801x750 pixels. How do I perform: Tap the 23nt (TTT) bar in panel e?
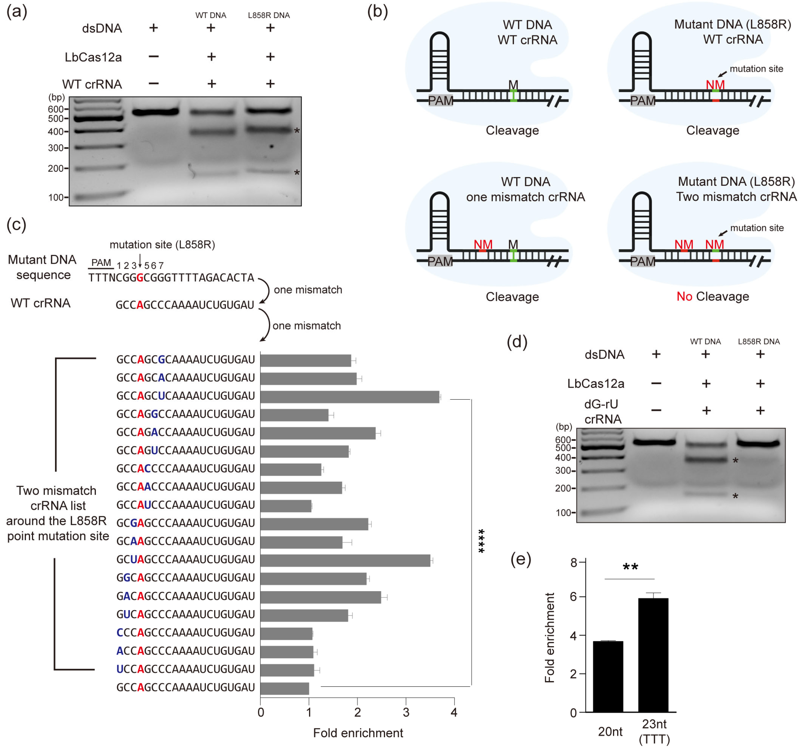pyautogui.click(x=653, y=655)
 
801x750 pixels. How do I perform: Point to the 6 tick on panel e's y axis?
pyautogui.click(x=574, y=597)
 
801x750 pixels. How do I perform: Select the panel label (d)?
pyautogui.click(x=517, y=342)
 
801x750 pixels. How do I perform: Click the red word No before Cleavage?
pyautogui.click(x=684, y=297)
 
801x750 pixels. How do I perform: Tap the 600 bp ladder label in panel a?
pyautogui.click(x=56, y=109)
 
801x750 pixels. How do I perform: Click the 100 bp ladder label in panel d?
pyautogui.click(x=563, y=513)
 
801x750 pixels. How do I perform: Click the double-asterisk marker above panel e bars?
pyautogui.click(x=630, y=567)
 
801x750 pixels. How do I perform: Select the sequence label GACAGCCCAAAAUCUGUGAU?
pyautogui.click(x=185, y=596)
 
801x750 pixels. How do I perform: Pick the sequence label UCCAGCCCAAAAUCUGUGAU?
pyautogui.click(x=185, y=669)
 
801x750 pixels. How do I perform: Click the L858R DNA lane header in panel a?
pyautogui.click(x=269, y=15)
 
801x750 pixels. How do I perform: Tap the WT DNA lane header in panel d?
pyautogui.click(x=705, y=342)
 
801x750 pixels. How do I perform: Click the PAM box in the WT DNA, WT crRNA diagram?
pyautogui.click(x=440, y=100)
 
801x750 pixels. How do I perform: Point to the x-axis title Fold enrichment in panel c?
pyautogui.click(x=358, y=733)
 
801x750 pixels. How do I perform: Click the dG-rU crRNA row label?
pyautogui.click(x=602, y=412)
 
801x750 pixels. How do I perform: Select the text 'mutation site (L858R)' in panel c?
pyautogui.click(x=162, y=245)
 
